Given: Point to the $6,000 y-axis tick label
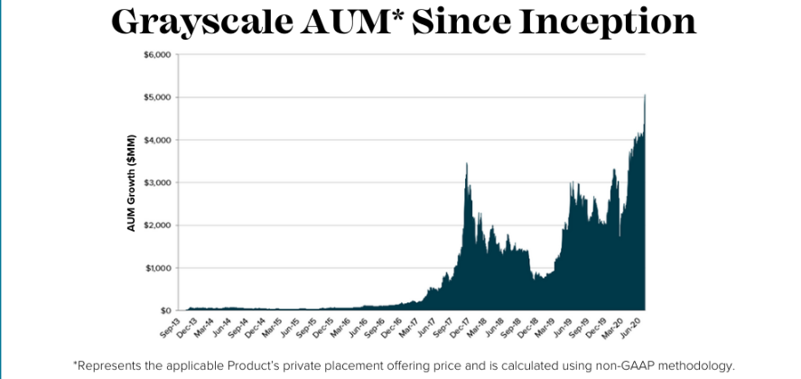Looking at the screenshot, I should [x=156, y=55].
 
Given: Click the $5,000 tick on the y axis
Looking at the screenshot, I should [x=156, y=97].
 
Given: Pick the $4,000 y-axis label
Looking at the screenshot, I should [x=156, y=140].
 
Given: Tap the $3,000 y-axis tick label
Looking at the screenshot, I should [x=156, y=183].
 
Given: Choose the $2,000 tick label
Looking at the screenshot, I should [x=156, y=226].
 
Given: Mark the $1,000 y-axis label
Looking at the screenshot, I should [x=156, y=268].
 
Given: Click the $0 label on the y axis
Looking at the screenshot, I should [x=163, y=311].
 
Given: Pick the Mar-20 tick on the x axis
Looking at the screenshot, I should [x=618, y=327].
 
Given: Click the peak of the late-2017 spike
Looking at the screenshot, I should [x=466, y=164].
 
